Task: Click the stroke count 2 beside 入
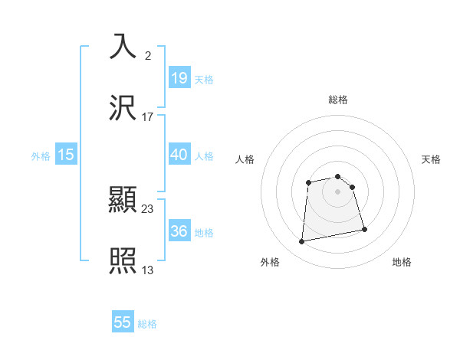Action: point(147,55)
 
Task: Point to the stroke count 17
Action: point(148,116)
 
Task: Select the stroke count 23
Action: point(148,208)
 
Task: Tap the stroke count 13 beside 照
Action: point(148,270)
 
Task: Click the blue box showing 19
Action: point(179,77)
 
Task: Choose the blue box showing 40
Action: point(179,154)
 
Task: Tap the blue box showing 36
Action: point(179,231)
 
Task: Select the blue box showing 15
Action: point(66,154)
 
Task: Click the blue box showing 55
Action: point(123,322)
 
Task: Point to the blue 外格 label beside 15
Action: point(41,155)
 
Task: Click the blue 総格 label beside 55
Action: point(147,324)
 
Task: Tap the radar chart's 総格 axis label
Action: point(338,100)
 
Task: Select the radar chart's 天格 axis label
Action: point(431,159)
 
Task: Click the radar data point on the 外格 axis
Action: point(302,242)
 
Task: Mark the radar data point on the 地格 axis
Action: point(364,229)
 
